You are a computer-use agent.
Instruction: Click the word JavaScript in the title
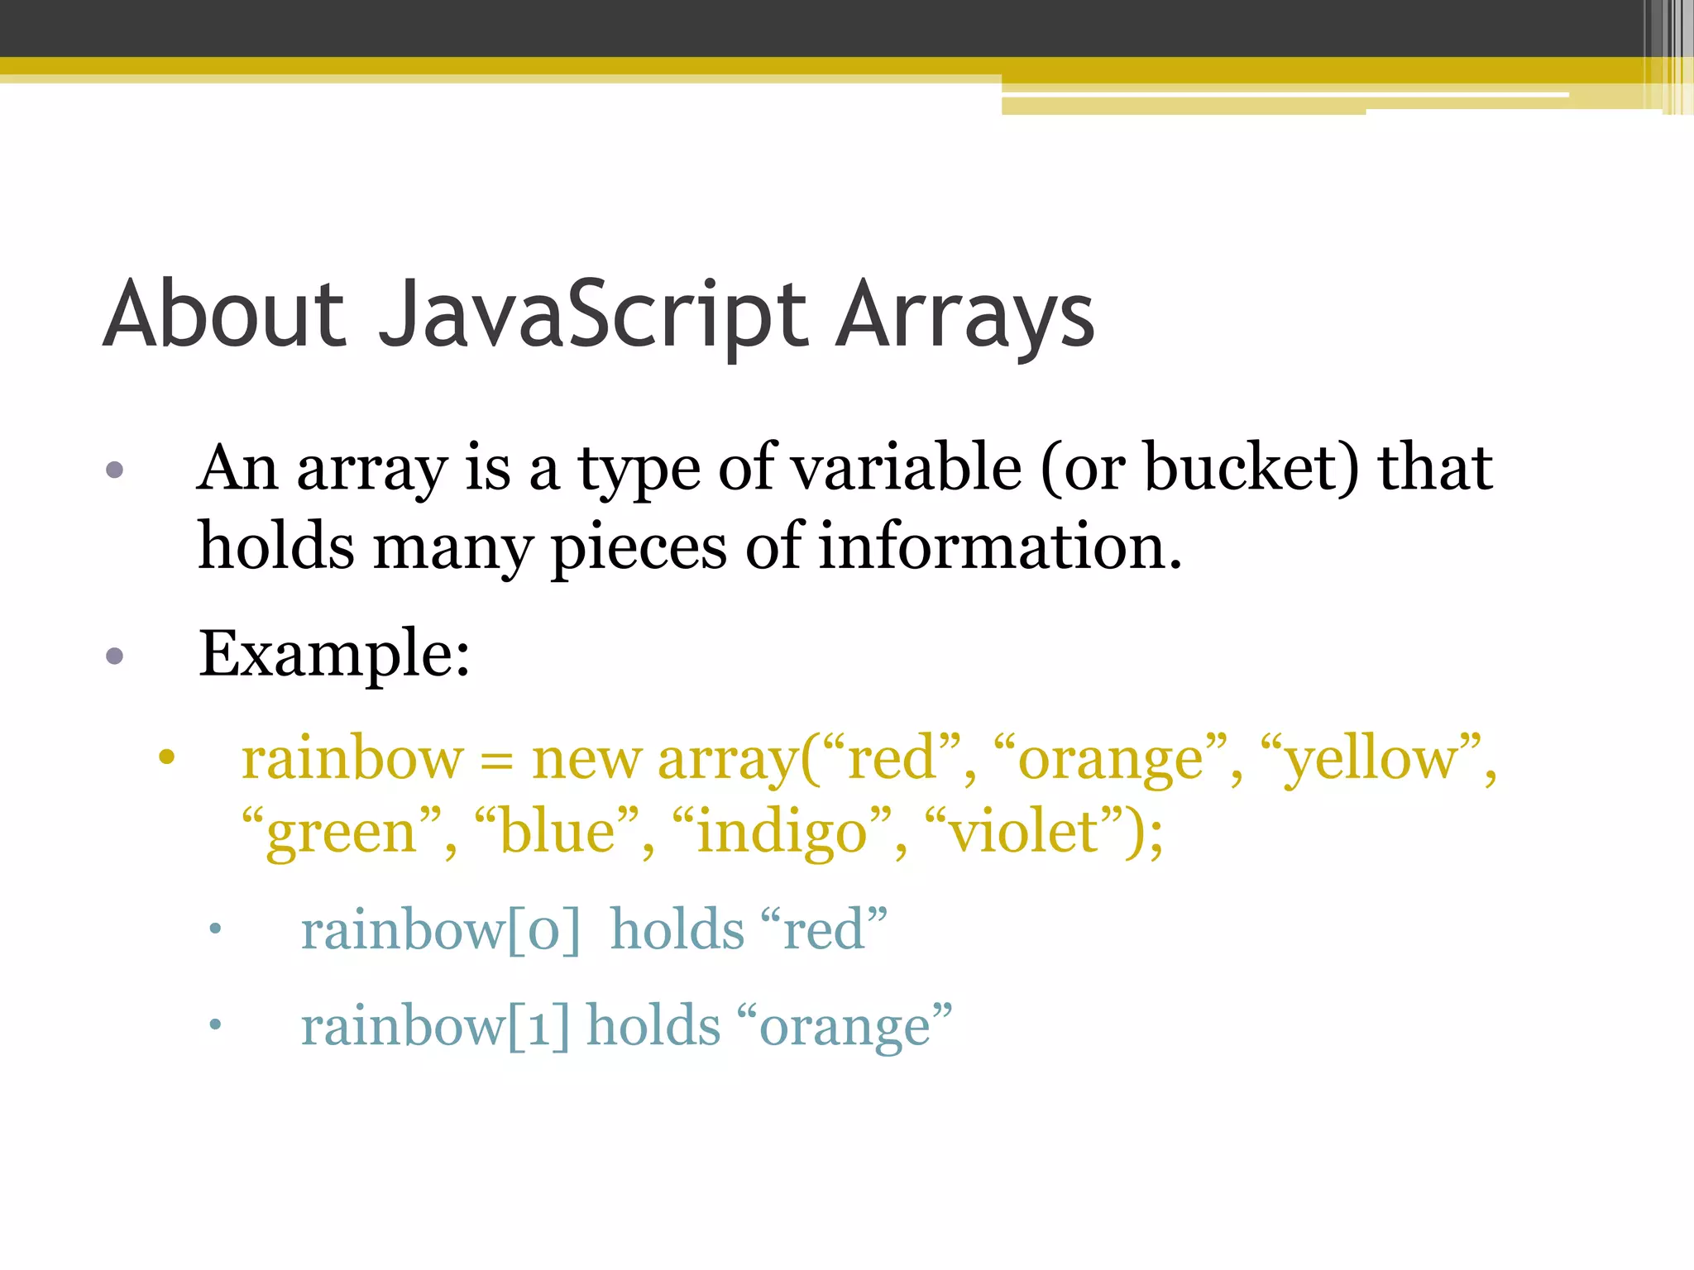[x=592, y=315]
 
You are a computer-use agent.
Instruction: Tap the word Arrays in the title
[x=964, y=315]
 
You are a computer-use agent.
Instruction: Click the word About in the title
[x=224, y=315]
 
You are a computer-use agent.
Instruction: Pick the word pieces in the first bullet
[x=638, y=547]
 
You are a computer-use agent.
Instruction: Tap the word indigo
[x=782, y=833]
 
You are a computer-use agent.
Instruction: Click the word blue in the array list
[x=557, y=833]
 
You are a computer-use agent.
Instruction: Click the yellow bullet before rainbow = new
[x=167, y=757]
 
